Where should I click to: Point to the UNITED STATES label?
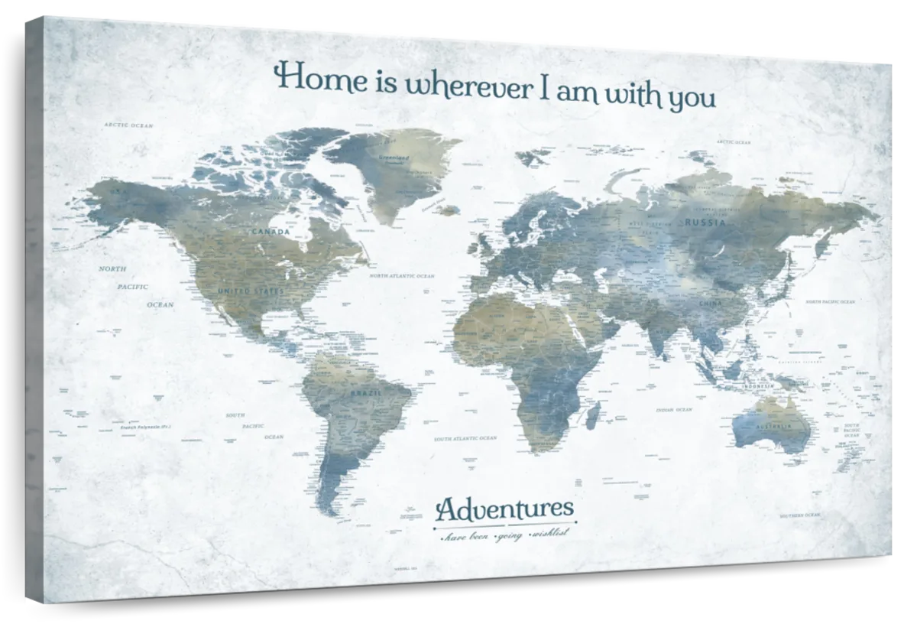pos(251,291)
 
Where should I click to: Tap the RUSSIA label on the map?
pos(704,223)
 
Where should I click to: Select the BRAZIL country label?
pos(364,393)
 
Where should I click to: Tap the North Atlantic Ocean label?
pos(401,275)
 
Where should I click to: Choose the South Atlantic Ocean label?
pos(465,439)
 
